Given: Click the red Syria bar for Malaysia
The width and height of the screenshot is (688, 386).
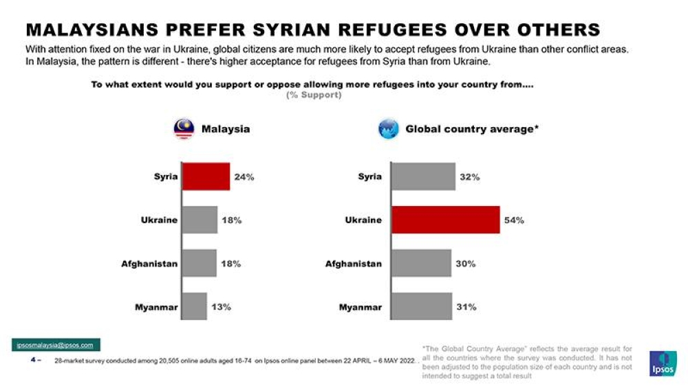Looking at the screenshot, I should (x=205, y=177).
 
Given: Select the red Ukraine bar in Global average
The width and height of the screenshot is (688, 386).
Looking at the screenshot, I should (x=445, y=220).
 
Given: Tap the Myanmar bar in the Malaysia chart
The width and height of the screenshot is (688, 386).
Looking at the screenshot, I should (x=194, y=306).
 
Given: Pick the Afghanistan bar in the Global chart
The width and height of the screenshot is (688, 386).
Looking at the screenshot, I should (x=421, y=263).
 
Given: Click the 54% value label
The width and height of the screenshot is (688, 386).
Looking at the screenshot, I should (x=515, y=220).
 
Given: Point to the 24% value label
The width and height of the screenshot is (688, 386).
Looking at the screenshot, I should (x=244, y=177).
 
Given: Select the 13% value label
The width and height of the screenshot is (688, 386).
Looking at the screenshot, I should (x=221, y=307).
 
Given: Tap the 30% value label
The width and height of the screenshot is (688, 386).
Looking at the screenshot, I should (x=466, y=264).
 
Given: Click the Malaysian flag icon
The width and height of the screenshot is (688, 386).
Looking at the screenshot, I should (x=184, y=128).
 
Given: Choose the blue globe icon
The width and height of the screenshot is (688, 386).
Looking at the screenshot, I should (x=389, y=128).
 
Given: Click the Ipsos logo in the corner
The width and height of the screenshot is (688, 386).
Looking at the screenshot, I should (x=663, y=363).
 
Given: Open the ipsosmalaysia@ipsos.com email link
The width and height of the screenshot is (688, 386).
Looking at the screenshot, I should (x=55, y=345).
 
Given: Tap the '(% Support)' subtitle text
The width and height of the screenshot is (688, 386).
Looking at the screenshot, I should (x=314, y=95).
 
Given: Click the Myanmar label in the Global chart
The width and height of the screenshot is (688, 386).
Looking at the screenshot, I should (x=360, y=307).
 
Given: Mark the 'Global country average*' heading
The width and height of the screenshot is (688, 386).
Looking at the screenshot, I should (x=471, y=128).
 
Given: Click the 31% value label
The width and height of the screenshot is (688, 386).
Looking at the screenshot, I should (x=466, y=307).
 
